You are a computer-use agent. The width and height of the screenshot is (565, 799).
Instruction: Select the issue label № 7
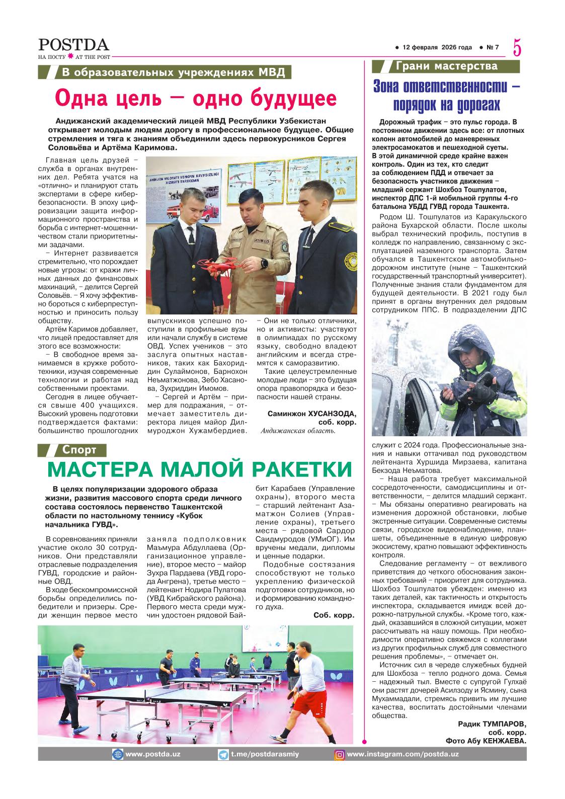[493, 48]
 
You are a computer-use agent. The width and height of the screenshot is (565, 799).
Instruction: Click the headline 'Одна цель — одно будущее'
[196, 98]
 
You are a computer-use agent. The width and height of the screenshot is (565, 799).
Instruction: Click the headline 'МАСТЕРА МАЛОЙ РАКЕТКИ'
[200, 469]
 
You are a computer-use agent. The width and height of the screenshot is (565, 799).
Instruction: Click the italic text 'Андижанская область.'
[298, 431]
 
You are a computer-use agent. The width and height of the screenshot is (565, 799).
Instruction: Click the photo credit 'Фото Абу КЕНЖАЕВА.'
[486, 741]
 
